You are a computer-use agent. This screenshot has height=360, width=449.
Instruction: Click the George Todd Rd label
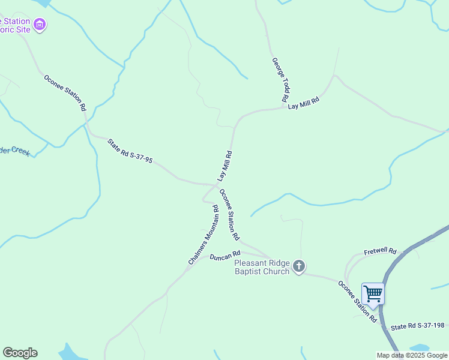pos(281,79)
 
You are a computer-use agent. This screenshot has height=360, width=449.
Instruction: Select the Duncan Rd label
pos(225,256)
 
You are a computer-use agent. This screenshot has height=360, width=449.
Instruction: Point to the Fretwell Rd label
pos(380,251)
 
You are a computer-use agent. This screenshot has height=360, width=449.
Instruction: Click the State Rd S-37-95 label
pos(130,151)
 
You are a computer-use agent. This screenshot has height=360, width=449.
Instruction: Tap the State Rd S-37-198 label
pos(417,326)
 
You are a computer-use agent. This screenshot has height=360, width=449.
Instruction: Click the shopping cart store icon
pos(373,294)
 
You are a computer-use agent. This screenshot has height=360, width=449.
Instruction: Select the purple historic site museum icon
pos(40,25)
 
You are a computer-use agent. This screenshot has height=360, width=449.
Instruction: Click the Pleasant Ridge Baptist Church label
pos(262,267)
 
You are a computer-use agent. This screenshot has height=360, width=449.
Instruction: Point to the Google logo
pos(20,353)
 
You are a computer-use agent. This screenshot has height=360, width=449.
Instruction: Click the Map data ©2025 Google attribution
pos(411,355)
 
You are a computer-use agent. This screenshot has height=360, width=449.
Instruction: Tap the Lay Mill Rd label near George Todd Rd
pos(303,104)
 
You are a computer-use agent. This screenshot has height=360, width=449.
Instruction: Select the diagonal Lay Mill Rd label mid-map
pos(224,166)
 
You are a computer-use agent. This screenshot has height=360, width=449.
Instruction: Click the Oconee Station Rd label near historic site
pos(65,92)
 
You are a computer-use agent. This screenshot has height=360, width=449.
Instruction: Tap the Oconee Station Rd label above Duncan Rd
pos(229,214)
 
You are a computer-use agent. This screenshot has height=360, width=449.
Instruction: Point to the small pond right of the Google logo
pos(71,353)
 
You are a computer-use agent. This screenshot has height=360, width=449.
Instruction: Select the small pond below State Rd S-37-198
pos(419,348)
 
